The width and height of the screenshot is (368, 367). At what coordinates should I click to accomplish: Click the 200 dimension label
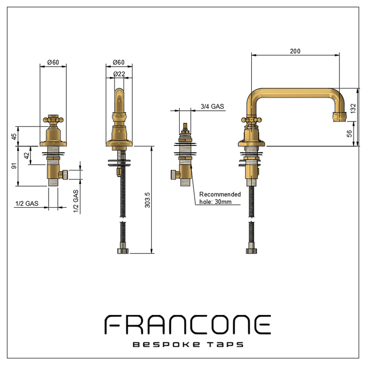295,51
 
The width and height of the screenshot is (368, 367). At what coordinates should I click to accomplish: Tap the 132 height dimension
353,108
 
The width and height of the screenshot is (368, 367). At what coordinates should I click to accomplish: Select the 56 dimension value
349,134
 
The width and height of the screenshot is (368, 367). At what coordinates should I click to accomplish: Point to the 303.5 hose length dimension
147,200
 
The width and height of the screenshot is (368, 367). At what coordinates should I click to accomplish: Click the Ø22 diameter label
119,74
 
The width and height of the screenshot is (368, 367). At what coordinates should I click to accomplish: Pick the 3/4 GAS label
212,106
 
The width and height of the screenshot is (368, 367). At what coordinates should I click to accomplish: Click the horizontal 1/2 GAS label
27,203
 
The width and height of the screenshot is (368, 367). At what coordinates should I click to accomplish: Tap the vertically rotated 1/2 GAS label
76,201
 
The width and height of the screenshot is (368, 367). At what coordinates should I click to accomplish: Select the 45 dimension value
14,136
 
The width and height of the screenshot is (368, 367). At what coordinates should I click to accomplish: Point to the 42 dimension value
27,155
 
